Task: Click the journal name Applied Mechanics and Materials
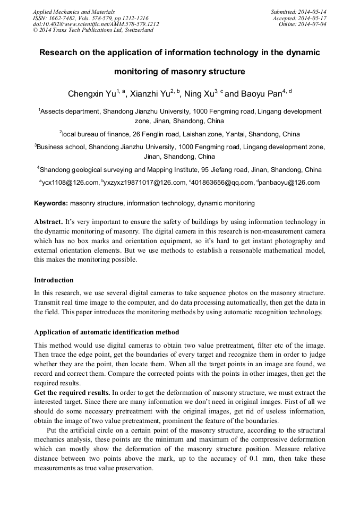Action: coord(74,11)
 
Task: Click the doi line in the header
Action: coord(96,24)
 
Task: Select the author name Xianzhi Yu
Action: coord(151,94)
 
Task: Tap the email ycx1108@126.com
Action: coord(70,183)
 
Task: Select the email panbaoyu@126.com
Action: coord(290,183)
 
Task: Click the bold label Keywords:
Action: coord(51,203)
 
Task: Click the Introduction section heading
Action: coord(54,280)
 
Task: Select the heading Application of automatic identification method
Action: coord(106,332)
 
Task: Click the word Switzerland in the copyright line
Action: coord(138,30)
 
